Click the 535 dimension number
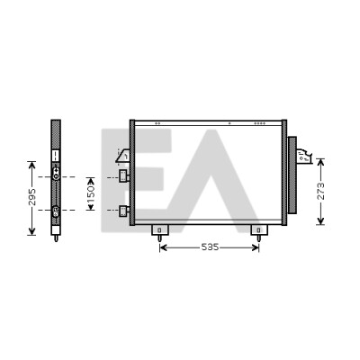pyautogui.click(x=210, y=247)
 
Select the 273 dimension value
pyautogui.click(x=320, y=191)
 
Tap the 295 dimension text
pyautogui.click(x=31, y=197)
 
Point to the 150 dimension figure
pyautogui.click(x=91, y=193)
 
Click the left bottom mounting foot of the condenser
pyautogui.click(x=159, y=232)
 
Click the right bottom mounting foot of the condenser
pyautogui.click(x=259, y=232)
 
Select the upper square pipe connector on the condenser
pyautogui.click(x=124, y=176)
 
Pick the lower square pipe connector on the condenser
pyautogui.click(x=124, y=211)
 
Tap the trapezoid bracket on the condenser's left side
pyautogui.click(x=123, y=156)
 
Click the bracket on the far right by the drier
pyautogui.click(x=304, y=157)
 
